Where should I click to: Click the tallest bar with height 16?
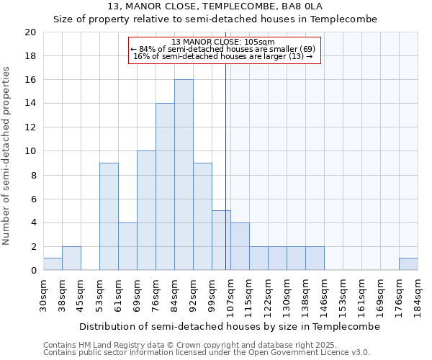tap(184, 175)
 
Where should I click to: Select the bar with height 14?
tap(165, 186)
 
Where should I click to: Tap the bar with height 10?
tap(146, 210)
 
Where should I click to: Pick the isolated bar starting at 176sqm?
tap(408, 264)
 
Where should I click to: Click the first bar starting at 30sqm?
tap(53, 264)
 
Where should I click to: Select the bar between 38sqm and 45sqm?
tap(71, 258)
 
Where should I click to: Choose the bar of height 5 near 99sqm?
tap(221, 240)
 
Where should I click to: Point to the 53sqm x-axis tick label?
tap(100, 294)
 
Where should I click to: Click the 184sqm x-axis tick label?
tap(418, 294)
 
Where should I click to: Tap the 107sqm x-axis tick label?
tap(231, 294)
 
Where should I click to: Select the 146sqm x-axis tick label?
tap(325, 294)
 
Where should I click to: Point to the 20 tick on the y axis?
tap(30, 32)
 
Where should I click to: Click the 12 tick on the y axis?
tap(30, 127)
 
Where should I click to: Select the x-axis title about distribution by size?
tap(229, 326)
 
